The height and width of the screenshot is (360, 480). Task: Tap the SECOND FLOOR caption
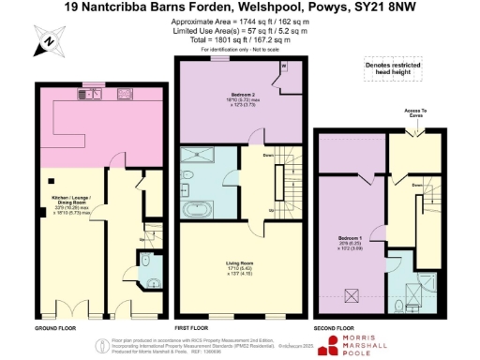pyautogui.click(x=335, y=329)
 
